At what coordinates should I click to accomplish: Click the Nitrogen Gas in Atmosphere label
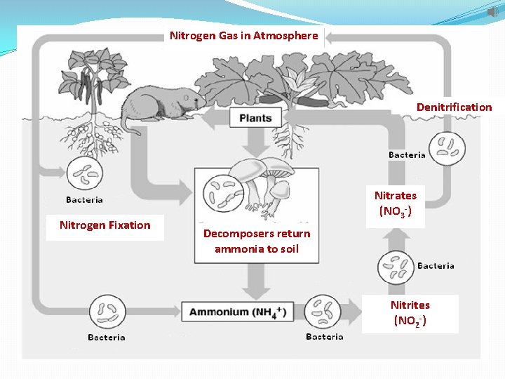click(x=244, y=35)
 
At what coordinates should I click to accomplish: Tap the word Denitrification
click(x=454, y=107)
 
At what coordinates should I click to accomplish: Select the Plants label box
click(x=255, y=118)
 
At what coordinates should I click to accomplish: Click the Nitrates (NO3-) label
click(x=395, y=203)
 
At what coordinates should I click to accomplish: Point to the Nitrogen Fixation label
click(x=105, y=225)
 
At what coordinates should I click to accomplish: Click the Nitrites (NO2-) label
click(x=410, y=313)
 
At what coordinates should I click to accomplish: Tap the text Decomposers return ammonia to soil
click(x=256, y=241)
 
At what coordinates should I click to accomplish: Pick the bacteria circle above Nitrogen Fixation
click(x=84, y=173)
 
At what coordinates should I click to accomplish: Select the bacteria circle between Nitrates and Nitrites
click(x=396, y=267)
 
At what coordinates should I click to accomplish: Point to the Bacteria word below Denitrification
click(x=407, y=154)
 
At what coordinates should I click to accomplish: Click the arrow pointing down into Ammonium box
click(x=256, y=284)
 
